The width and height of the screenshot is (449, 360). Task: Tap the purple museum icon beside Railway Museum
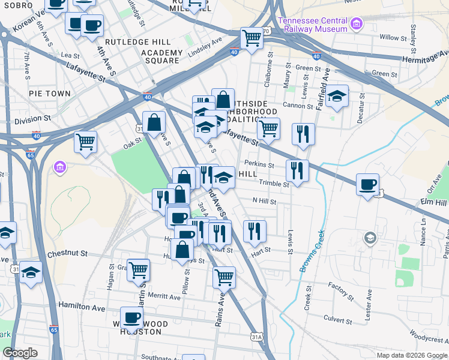pyautogui.click(x=357, y=25)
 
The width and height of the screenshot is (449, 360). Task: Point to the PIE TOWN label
pyautogui.click(x=50, y=94)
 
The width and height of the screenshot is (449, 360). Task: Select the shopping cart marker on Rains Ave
pyautogui.click(x=224, y=277)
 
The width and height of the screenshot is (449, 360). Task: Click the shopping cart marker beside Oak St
pyautogui.click(x=86, y=142)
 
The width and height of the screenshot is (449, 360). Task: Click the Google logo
pyautogui.click(x=20, y=353)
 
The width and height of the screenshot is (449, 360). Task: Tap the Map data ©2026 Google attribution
pyautogui.click(x=411, y=355)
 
